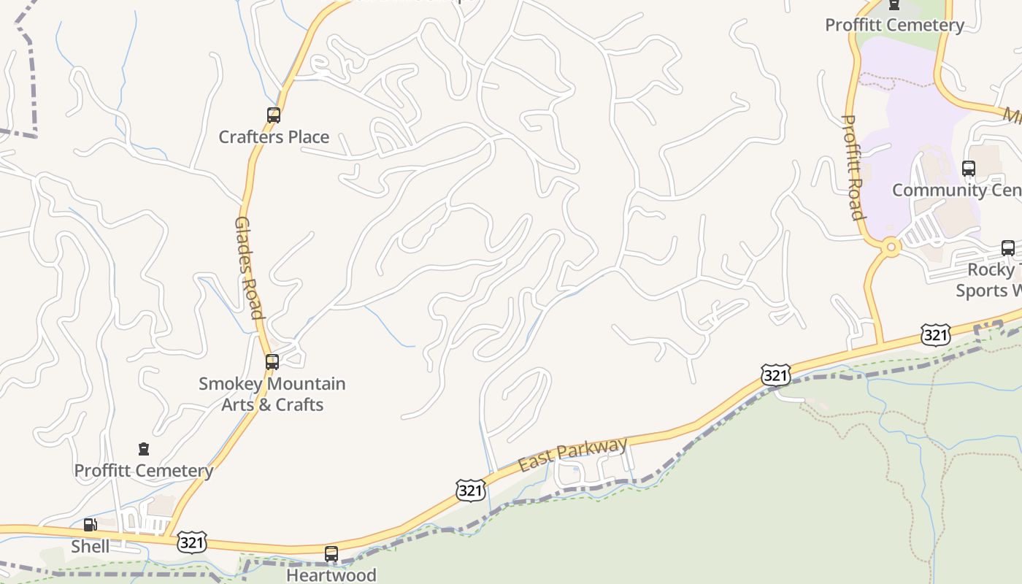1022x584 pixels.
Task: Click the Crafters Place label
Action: [274, 137]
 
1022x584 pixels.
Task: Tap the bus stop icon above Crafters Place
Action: [274, 115]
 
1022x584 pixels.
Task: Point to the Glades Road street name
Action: [248, 267]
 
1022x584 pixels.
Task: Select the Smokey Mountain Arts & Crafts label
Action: [272, 394]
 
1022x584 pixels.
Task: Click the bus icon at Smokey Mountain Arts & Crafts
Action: [272, 361]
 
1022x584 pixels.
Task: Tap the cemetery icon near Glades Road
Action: [144, 449]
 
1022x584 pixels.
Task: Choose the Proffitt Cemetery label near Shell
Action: [144, 471]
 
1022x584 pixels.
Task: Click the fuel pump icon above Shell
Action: [91, 524]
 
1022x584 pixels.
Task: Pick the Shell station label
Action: [91, 546]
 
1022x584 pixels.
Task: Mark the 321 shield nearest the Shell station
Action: [191, 542]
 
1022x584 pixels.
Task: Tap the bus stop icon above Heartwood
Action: [331, 554]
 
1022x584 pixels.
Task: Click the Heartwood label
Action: [331, 575]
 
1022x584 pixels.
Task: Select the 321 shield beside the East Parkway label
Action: [470, 491]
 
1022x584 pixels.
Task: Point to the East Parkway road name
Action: [573, 454]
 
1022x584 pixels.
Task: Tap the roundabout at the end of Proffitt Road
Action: [890, 247]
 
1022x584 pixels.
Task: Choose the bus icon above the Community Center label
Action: [969, 169]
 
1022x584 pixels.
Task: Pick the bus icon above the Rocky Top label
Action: [1008, 248]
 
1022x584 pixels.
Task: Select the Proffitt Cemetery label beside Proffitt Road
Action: [894, 26]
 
